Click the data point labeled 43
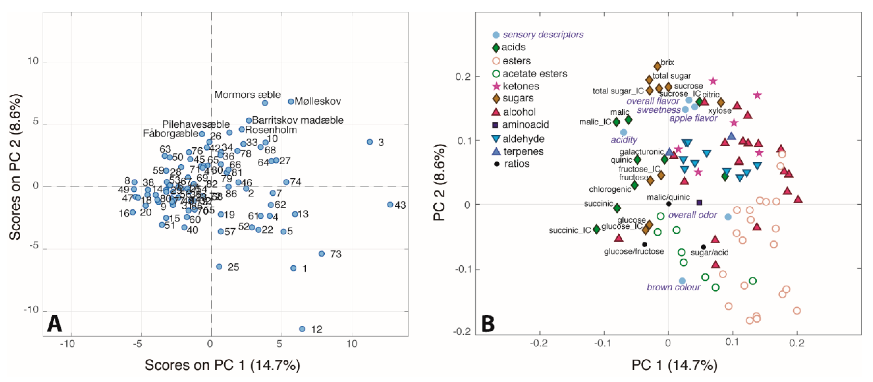(390, 205)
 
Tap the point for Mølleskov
(291, 101)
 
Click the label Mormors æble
(247, 95)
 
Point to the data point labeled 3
(370, 142)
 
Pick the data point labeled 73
(322, 253)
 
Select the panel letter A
(54, 324)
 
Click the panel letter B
(488, 324)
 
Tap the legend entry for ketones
(521, 86)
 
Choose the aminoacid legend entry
(525, 125)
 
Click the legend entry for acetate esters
(534, 74)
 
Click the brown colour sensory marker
(682, 281)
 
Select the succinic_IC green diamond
(596, 229)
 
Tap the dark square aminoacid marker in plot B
(699, 203)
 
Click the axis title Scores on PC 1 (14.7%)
(222, 365)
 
